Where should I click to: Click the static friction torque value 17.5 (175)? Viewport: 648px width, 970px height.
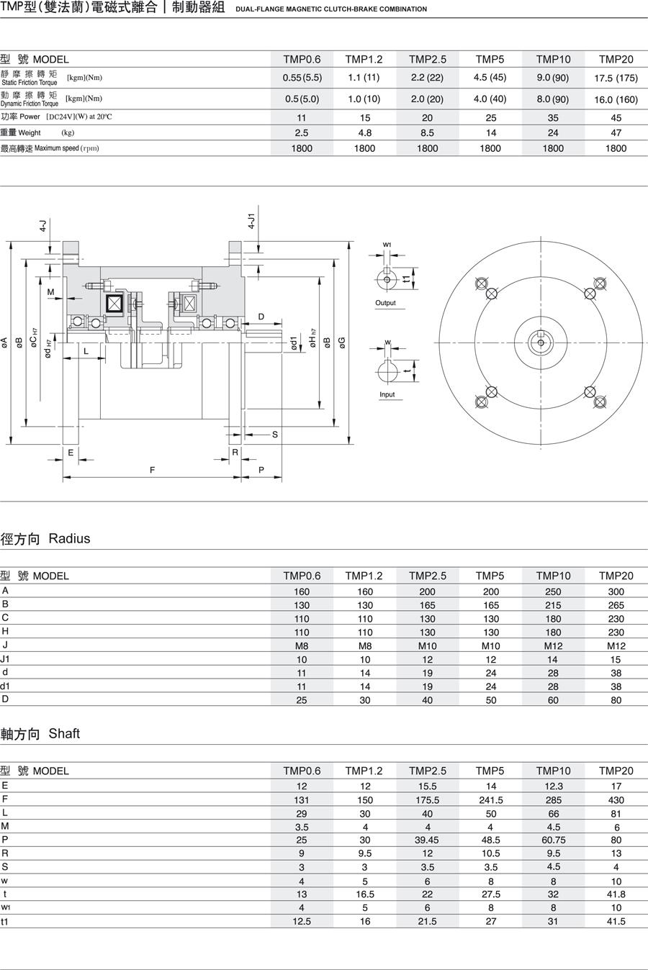pyautogui.click(x=616, y=78)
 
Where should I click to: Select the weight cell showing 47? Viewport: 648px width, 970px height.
pyautogui.click(x=616, y=132)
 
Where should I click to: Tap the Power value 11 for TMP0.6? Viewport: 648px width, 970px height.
pyautogui.click(x=302, y=118)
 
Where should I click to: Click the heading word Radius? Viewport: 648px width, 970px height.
pyautogui.click(x=69, y=538)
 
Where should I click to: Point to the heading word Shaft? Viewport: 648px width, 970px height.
pyautogui.click(x=64, y=733)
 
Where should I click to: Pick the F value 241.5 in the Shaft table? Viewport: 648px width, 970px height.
pyautogui.click(x=490, y=799)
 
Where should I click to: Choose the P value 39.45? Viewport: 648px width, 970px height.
pyautogui.click(x=427, y=840)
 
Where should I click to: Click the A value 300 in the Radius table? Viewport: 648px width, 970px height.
pyautogui.click(x=616, y=591)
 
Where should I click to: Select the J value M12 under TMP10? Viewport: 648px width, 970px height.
pyautogui.click(x=553, y=645)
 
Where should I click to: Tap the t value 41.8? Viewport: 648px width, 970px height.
pyautogui.click(x=616, y=894)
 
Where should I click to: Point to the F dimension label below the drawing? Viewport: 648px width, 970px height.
pyautogui.click(x=152, y=470)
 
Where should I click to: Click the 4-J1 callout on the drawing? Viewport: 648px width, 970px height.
pyautogui.click(x=251, y=221)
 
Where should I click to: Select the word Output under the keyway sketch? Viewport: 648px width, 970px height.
pyautogui.click(x=385, y=303)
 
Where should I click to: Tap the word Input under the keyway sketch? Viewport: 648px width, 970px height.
pyautogui.click(x=387, y=394)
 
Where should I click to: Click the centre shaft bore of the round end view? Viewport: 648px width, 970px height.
pyautogui.click(x=540, y=340)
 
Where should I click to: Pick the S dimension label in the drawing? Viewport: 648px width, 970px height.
pyautogui.click(x=274, y=435)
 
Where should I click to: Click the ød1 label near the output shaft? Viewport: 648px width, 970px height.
pyautogui.click(x=294, y=343)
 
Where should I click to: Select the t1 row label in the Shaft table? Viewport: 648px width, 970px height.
pyautogui.click(x=5, y=921)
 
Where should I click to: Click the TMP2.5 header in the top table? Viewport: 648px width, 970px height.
pyautogui.click(x=427, y=59)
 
